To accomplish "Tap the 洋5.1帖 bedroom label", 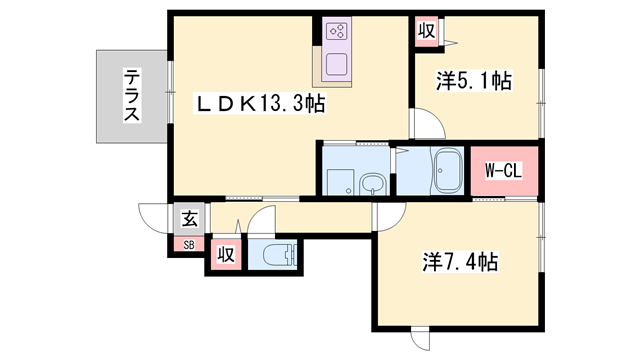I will click(x=474, y=81).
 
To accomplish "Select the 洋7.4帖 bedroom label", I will click(x=461, y=262).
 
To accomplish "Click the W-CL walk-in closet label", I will click(x=504, y=169).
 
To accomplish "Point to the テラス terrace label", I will click(x=131, y=95).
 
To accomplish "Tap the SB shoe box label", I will click(x=188, y=244).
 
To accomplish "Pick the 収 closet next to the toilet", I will click(x=226, y=254).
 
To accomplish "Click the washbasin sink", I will click(x=373, y=182).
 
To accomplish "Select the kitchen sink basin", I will click(x=334, y=66).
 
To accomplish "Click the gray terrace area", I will click(x=130, y=96).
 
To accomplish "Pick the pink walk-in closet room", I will click(x=504, y=169).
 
